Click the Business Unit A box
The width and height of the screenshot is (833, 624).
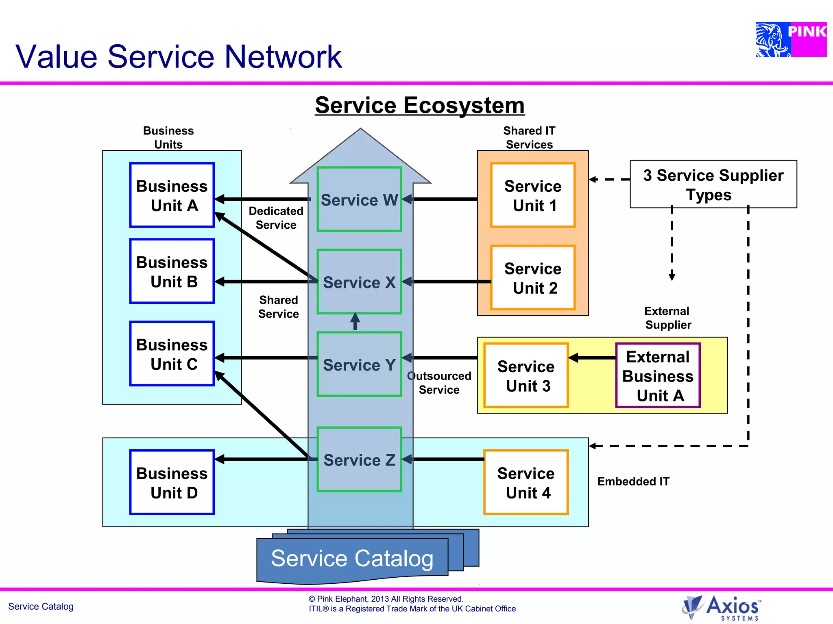[172, 195]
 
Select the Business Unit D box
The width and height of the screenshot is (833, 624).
[172, 482]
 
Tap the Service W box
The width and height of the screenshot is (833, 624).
[359, 199]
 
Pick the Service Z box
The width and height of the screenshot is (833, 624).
[359, 459]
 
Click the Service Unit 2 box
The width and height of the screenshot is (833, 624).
[533, 278]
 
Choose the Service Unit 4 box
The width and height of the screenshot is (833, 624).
[526, 482]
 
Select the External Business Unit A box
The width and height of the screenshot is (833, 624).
[658, 376]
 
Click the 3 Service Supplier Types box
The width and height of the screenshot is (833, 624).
[713, 184]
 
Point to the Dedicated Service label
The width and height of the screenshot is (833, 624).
[276, 218]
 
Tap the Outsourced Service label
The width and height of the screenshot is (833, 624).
[439, 383]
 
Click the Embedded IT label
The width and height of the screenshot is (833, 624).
[633, 481]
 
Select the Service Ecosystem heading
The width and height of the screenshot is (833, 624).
[419, 105]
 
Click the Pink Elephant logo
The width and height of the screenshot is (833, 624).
[791, 39]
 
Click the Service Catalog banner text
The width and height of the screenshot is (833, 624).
[352, 558]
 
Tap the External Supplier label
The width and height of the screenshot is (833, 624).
[667, 318]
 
